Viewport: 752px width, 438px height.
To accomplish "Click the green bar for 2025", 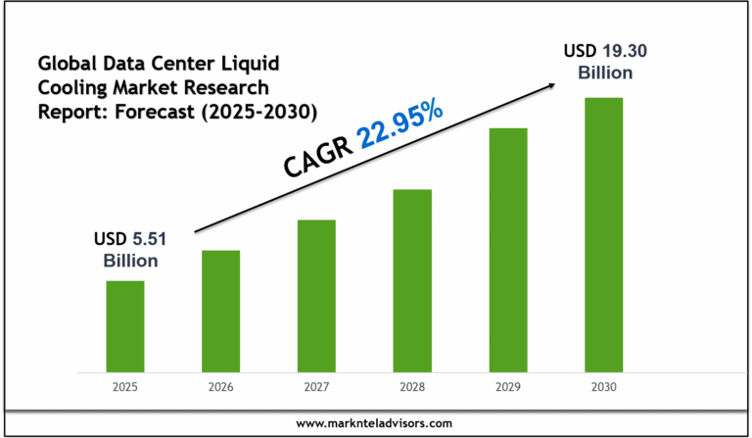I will (x=125, y=326).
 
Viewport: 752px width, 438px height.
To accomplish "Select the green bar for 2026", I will (x=220, y=312).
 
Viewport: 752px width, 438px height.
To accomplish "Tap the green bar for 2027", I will (x=316, y=296).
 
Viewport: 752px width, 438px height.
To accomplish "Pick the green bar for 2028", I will (x=412, y=280).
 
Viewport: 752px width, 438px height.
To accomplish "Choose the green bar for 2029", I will (x=508, y=250).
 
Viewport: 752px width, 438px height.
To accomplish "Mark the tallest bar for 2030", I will (x=604, y=235).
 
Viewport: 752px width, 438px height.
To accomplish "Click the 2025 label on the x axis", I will (x=125, y=387).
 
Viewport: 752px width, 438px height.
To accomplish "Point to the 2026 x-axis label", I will (x=220, y=387).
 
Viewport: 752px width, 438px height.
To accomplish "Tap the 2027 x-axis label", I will (x=316, y=387).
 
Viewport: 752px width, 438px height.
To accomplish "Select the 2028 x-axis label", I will (x=412, y=387).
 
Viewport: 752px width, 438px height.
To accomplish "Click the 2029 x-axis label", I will (x=508, y=387).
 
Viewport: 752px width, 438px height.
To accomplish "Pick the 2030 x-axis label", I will (x=604, y=387).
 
